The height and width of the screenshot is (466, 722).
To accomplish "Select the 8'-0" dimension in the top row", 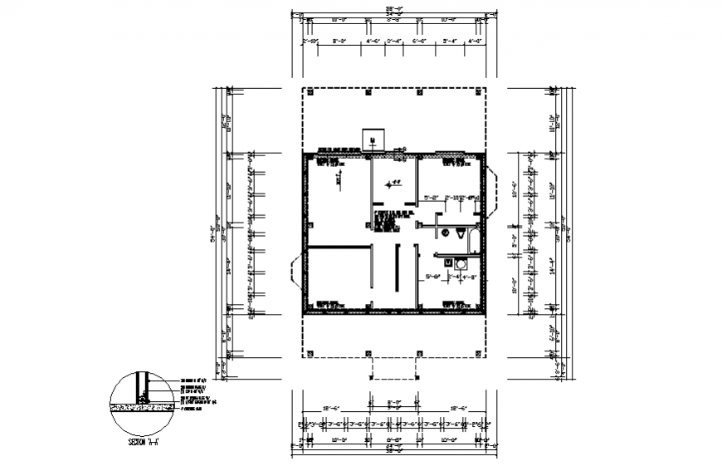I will [339, 39].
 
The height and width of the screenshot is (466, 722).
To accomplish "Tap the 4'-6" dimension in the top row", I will [373, 39].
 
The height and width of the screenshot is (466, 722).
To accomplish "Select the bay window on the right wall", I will [492, 193].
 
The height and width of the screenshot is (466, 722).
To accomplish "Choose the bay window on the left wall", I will [295, 272].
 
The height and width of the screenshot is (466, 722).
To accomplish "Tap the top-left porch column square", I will [308, 93].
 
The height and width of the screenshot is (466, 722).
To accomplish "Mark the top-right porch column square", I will [481, 93].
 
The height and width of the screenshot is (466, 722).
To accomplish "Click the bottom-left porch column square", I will [308, 353].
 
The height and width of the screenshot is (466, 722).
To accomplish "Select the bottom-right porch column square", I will [481, 353].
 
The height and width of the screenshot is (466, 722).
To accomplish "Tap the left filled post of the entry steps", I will [371, 376].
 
